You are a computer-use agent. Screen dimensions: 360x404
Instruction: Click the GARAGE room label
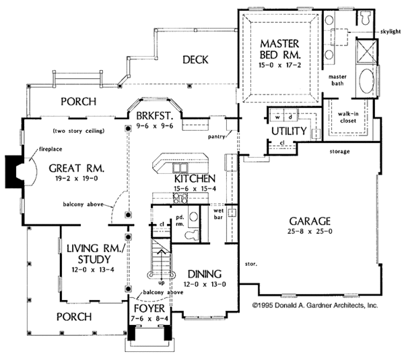click(310, 220)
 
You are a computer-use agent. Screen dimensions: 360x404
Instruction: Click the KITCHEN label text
click(175, 179)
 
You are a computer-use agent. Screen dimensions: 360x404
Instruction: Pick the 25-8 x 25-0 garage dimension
click(310, 232)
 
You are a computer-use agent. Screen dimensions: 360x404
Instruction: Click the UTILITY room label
click(290, 130)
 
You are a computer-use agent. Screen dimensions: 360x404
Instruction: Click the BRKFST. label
click(156, 115)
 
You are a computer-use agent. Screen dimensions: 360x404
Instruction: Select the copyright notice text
click(314, 305)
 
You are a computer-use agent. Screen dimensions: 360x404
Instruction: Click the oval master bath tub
click(365, 83)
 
